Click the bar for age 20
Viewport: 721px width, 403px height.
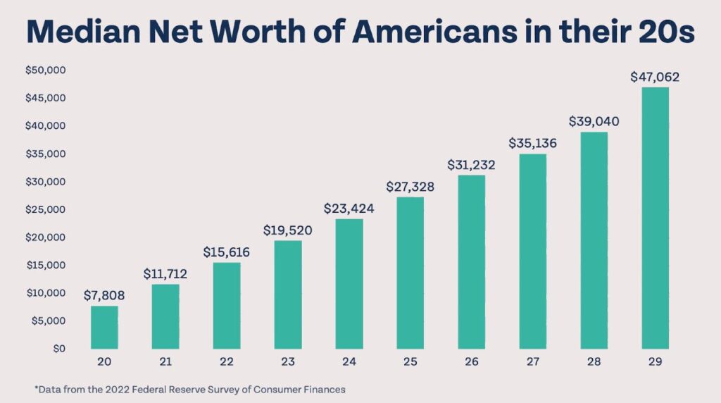coord(104,328)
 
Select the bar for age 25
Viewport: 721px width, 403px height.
coord(410,273)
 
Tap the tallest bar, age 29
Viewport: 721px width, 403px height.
coord(655,218)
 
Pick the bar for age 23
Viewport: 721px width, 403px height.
coord(287,294)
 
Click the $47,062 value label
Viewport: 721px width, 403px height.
coord(655,77)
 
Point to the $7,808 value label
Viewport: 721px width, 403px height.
coord(104,295)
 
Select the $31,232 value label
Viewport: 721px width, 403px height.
coord(471,166)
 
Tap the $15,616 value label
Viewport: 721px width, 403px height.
coord(227,252)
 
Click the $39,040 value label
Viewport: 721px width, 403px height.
coord(594,122)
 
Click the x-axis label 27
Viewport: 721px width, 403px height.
coord(532,361)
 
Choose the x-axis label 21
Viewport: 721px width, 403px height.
coord(165,361)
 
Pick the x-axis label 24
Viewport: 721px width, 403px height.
coord(349,361)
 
